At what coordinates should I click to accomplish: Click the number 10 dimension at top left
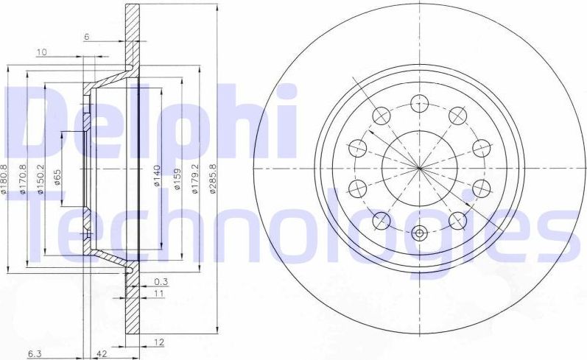(x=41, y=52)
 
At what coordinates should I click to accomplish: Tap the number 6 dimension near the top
(x=86, y=36)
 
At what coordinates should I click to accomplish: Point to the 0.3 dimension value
(x=161, y=281)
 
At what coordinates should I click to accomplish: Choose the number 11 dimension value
(x=158, y=294)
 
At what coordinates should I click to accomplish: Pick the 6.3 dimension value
(x=34, y=354)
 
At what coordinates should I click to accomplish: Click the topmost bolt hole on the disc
(x=420, y=102)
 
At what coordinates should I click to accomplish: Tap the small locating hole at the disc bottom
(x=420, y=234)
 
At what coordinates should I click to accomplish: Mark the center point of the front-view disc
(x=420, y=168)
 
